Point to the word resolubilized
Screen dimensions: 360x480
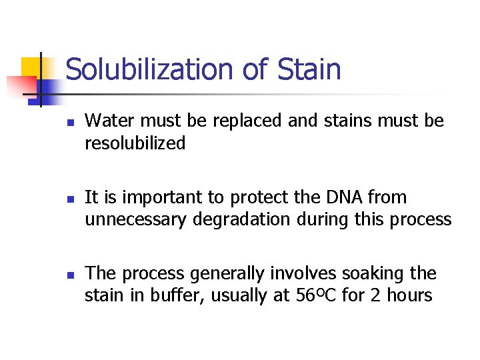point(135,143)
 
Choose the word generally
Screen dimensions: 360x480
point(224,274)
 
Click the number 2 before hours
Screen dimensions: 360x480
point(374,295)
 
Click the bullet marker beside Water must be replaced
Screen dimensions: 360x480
point(69,122)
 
